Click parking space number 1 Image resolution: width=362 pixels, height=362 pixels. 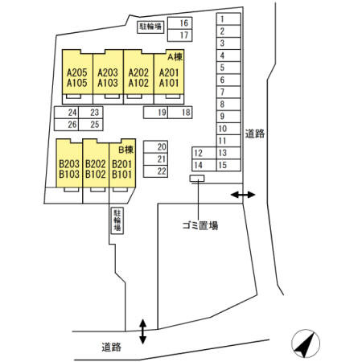tap(228, 19)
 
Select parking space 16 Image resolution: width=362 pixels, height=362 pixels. tap(180, 23)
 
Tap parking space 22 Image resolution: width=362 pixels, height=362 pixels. tap(155, 171)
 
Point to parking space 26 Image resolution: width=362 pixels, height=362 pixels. tap(66, 125)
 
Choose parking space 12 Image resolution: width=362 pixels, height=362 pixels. tap(204, 153)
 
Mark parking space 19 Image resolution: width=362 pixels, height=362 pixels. tap(155, 113)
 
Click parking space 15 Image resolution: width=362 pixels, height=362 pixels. tap(228, 165)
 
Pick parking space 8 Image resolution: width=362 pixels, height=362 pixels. tap(228, 105)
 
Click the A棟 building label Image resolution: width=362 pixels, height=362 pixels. tap(175, 57)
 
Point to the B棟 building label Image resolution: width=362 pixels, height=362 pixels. tap(126, 150)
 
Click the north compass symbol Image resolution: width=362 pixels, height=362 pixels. tap(306, 343)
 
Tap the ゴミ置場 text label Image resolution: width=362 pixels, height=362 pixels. tap(200, 225)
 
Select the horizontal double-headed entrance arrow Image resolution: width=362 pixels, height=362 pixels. tap(243, 195)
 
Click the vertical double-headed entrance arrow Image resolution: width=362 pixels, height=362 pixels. tap(143, 331)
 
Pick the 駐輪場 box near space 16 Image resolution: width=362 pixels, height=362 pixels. tap(150, 27)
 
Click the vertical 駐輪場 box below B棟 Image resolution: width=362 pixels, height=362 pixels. tap(117, 220)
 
